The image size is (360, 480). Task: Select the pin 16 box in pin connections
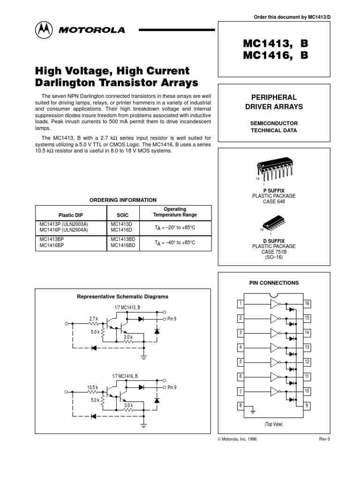pyautogui.click(x=307, y=304)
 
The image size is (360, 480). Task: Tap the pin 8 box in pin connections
pyautogui.click(x=240, y=405)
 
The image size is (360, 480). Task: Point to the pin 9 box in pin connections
pyautogui.click(x=307, y=405)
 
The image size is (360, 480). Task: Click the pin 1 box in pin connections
pyautogui.click(x=240, y=304)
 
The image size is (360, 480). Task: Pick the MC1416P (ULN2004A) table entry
pyautogui.click(x=63, y=230)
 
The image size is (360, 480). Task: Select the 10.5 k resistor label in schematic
pyautogui.click(x=92, y=388)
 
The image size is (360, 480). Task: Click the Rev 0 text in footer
pyautogui.click(x=324, y=439)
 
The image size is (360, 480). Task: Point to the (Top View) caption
pyautogui.click(x=274, y=424)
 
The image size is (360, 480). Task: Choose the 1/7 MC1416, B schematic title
pyautogui.click(x=125, y=376)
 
